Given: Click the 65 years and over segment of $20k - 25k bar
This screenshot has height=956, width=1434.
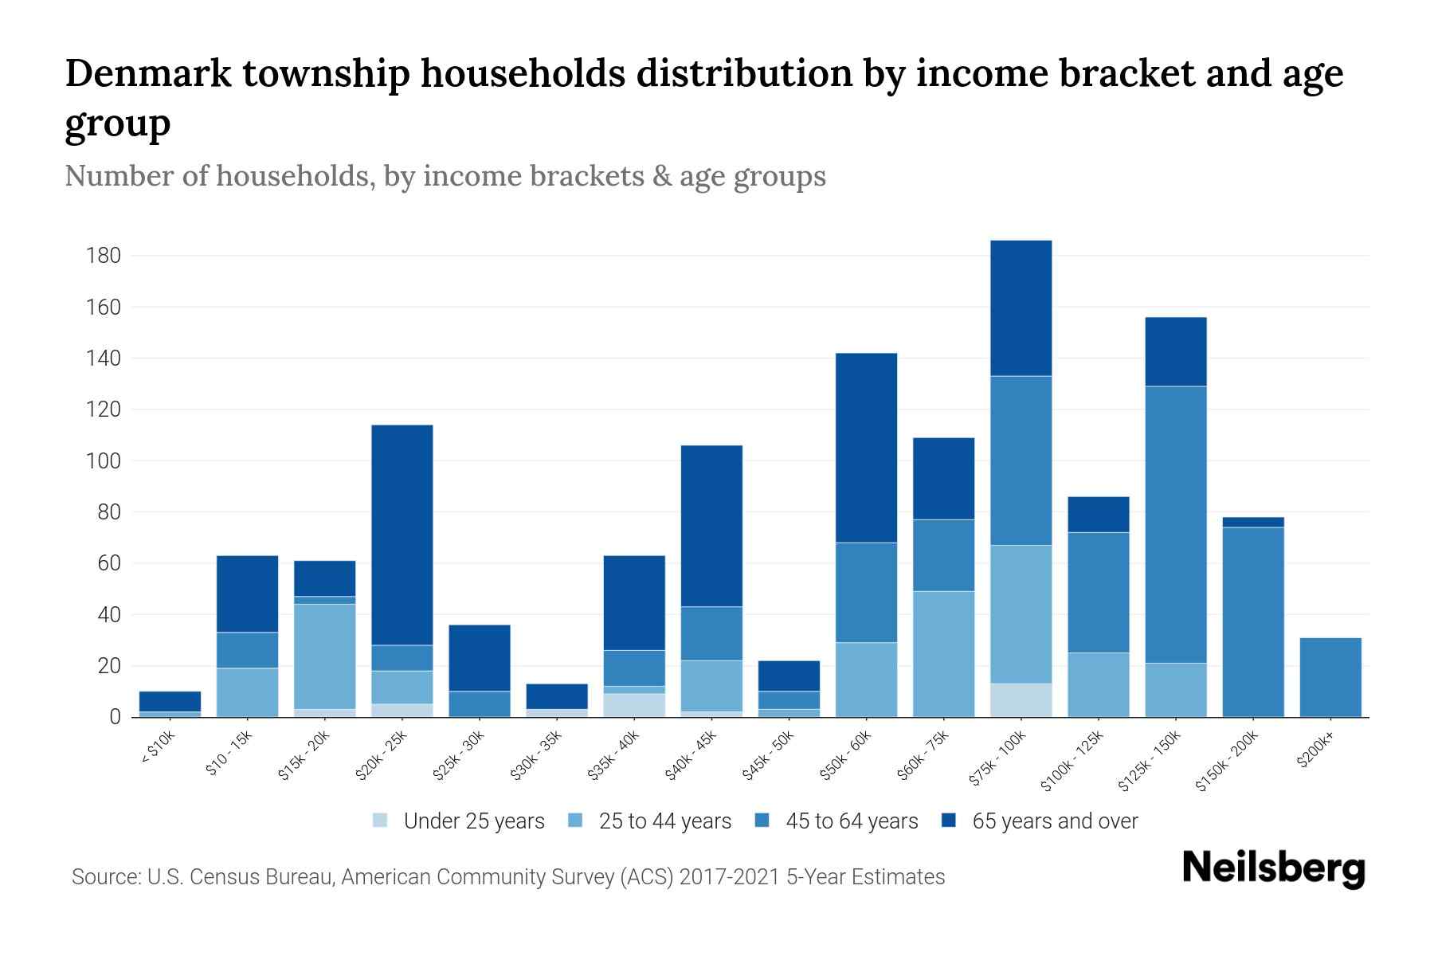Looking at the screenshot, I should click(402, 535).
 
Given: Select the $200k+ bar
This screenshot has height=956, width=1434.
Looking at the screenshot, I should click(1330, 677).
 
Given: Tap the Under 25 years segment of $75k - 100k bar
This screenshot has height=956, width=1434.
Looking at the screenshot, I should click(1021, 699).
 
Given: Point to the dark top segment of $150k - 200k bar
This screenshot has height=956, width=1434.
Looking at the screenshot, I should click(1253, 522).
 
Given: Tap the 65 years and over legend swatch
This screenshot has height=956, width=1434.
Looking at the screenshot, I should click(949, 821).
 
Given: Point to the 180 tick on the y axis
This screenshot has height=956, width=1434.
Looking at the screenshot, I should click(104, 256).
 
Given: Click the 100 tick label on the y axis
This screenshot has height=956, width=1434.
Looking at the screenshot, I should click(104, 461).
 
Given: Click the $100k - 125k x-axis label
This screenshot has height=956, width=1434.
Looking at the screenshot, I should click(1073, 762).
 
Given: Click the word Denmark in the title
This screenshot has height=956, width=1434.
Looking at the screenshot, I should click(148, 73).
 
